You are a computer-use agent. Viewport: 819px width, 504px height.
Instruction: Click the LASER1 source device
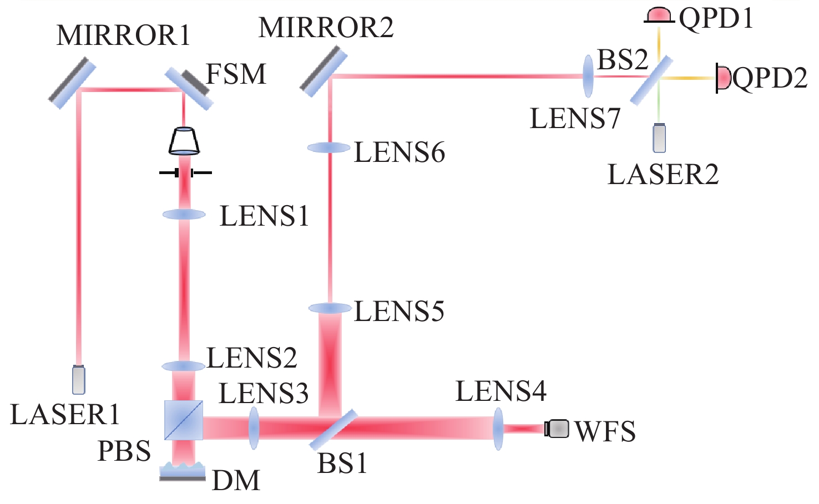[79, 380]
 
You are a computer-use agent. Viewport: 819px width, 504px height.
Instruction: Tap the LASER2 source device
[659, 138]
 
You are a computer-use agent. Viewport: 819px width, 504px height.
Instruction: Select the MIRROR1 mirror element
[72, 83]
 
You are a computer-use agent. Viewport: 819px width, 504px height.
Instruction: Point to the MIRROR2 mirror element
[323, 71]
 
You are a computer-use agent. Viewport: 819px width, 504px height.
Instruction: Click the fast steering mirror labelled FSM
[189, 88]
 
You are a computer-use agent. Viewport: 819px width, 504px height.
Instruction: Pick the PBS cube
[184, 420]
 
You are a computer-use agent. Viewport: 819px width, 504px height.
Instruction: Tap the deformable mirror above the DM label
[183, 471]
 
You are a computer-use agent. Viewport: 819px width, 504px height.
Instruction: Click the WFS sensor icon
[557, 429]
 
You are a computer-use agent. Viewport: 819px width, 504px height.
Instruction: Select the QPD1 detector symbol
[659, 16]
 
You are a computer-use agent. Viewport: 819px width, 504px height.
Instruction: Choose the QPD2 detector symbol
[723, 78]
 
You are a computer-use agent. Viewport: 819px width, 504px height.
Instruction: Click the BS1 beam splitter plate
[333, 430]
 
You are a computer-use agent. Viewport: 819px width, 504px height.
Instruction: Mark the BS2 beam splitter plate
[652, 80]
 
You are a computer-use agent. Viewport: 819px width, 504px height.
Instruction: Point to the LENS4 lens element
[498, 429]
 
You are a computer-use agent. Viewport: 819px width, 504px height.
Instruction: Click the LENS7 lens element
[588, 77]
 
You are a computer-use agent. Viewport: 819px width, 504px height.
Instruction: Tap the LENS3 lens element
[254, 428]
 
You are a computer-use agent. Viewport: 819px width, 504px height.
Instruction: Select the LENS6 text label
[400, 152]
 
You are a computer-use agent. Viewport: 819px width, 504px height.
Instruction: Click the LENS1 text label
[264, 216]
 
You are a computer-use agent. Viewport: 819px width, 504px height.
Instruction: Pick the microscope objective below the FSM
[184, 141]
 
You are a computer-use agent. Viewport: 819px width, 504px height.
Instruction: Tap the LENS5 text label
[400, 312]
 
